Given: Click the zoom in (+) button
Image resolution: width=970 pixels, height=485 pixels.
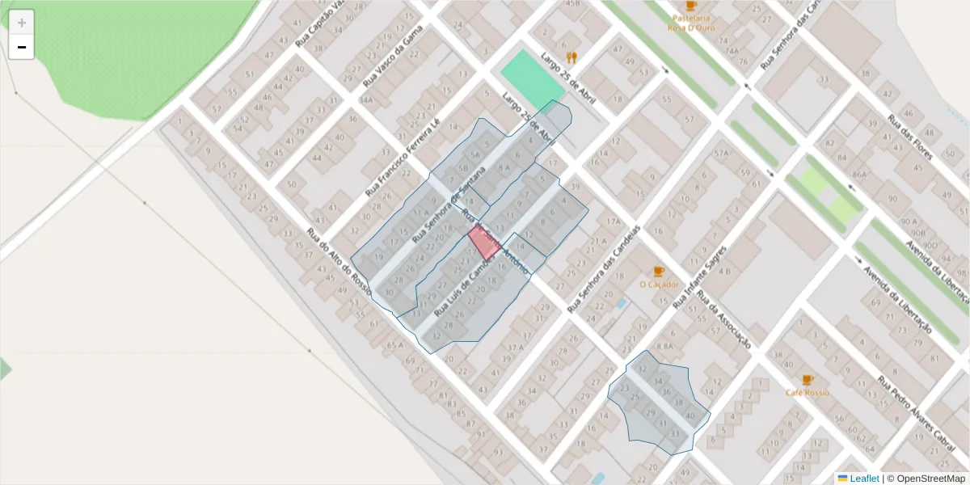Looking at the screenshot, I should [22, 23].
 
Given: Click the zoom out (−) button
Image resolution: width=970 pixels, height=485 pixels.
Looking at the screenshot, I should [22, 47].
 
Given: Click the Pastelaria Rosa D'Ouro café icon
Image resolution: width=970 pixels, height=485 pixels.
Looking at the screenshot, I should [690, 6].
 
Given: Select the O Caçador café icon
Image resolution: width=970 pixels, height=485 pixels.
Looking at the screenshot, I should [658, 272].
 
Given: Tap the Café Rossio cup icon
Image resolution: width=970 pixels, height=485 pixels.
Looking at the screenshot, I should [807, 380].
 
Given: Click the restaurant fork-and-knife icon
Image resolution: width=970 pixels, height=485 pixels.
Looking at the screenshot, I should [572, 57].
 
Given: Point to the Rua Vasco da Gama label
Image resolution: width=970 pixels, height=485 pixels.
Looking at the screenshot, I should [393, 56].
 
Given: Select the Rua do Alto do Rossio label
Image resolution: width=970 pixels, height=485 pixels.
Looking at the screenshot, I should [339, 263].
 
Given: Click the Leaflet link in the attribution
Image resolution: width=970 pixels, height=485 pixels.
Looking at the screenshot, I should [863, 479].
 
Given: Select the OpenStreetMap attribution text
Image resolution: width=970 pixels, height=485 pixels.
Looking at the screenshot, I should [930, 479].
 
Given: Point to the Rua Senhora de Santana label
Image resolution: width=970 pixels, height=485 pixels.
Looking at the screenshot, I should [449, 205].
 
